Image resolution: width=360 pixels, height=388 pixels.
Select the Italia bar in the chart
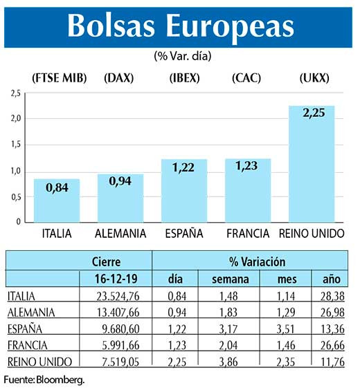coord(57,201)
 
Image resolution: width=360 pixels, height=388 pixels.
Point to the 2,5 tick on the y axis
coord(15,93)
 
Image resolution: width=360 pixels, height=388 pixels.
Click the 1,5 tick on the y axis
coord(15,145)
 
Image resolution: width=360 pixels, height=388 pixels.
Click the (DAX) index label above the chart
coord(119,77)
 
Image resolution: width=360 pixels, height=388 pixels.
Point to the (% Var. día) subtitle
coord(183,55)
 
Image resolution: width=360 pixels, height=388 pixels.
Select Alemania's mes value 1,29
coord(282,311)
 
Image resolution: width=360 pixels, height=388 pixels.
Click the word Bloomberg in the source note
coord(63,380)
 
